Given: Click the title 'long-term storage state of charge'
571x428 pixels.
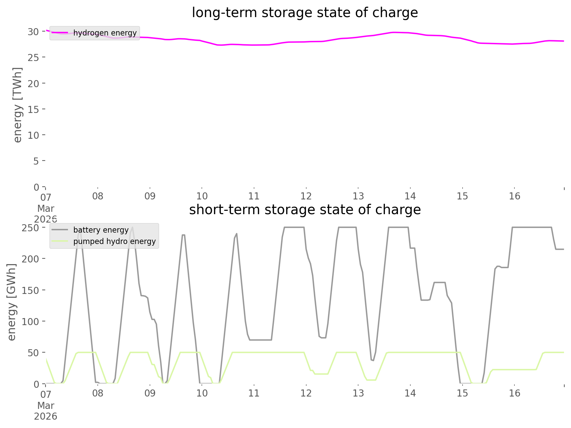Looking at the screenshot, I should [x=305, y=13].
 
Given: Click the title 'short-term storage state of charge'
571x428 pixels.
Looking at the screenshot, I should [x=305, y=210].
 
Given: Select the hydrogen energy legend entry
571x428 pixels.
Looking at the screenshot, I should [x=105, y=33].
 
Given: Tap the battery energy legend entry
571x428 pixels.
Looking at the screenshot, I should [x=101, y=230].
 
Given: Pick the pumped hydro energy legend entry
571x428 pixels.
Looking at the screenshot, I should [x=114, y=241].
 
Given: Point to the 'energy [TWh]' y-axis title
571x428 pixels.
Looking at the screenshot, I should [x=17, y=105].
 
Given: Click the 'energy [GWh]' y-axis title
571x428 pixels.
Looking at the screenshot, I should [x=11, y=302].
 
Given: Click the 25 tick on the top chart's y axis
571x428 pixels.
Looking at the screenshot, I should [x=33, y=58].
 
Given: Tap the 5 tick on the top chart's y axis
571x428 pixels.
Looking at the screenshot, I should [x=36, y=161].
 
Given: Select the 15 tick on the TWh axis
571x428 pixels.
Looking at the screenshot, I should [x=33, y=109].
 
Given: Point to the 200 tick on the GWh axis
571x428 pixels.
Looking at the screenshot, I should [x=30, y=259].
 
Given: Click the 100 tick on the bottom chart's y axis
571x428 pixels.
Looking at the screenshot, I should [x=30, y=322].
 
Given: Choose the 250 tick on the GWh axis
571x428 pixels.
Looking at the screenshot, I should [x=30, y=228].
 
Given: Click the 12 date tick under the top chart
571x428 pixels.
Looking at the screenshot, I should [x=306, y=196].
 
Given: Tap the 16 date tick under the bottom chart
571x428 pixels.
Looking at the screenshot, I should [x=514, y=393].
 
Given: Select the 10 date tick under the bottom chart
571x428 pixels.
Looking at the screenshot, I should [x=202, y=393].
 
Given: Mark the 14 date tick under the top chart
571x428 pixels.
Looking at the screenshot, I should [x=410, y=196].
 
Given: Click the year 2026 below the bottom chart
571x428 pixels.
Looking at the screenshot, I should [x=46, y=417].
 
